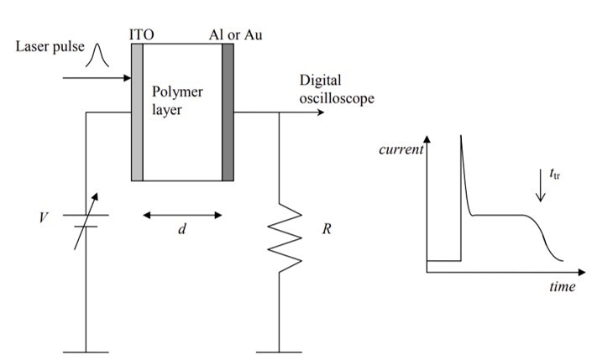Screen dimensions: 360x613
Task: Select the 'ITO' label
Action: (140, 34)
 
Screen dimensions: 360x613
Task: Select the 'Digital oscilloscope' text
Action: (336, 90)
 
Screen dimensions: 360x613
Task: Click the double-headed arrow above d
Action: (182, 215)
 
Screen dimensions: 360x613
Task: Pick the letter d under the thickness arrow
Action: (181, 231)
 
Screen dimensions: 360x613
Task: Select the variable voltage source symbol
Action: (87, 220)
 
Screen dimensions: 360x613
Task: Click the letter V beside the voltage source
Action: (44, 219)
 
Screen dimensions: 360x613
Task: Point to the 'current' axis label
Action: (402, 150)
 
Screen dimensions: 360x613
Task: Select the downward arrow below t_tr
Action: (541, 190)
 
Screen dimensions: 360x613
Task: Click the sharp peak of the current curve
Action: (461, 139)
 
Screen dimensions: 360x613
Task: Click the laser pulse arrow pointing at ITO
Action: (97, 80)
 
